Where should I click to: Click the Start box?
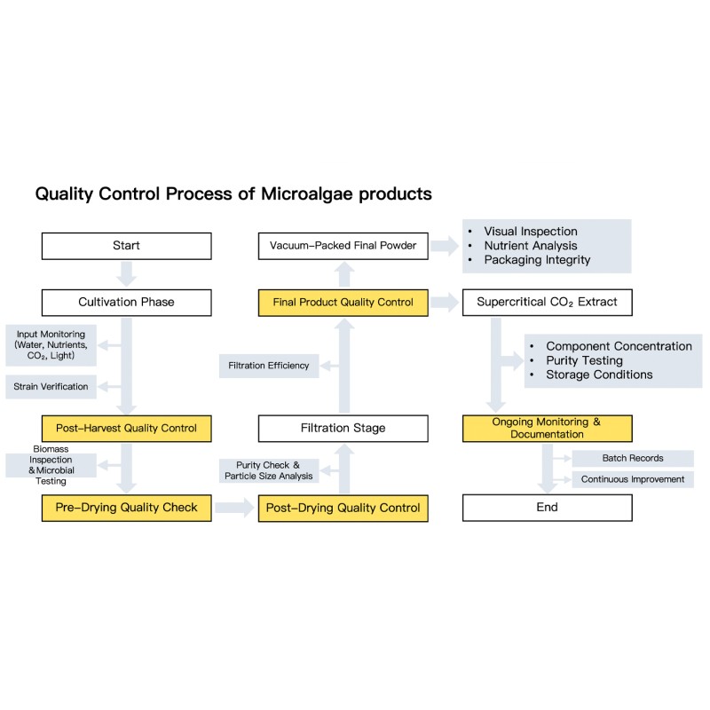click(x=126, y=246)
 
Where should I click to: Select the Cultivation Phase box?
click(x=126, y=302)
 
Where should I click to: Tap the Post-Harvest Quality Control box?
click(x=126, y=428)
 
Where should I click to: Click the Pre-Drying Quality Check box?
click(x=126, y=508)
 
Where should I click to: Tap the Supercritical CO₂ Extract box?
click(x=547, y=302)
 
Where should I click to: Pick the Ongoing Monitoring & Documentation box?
click(x=547, y=428)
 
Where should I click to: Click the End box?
click(x=547, y=508)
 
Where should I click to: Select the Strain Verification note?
click(x=51, y=386)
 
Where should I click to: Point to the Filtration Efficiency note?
click(x=269, y=365)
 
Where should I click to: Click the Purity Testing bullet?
click(x=584, y=360)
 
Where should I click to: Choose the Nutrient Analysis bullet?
click(x=530, y=246)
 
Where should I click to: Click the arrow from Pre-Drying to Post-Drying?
click(x=234, y=508)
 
